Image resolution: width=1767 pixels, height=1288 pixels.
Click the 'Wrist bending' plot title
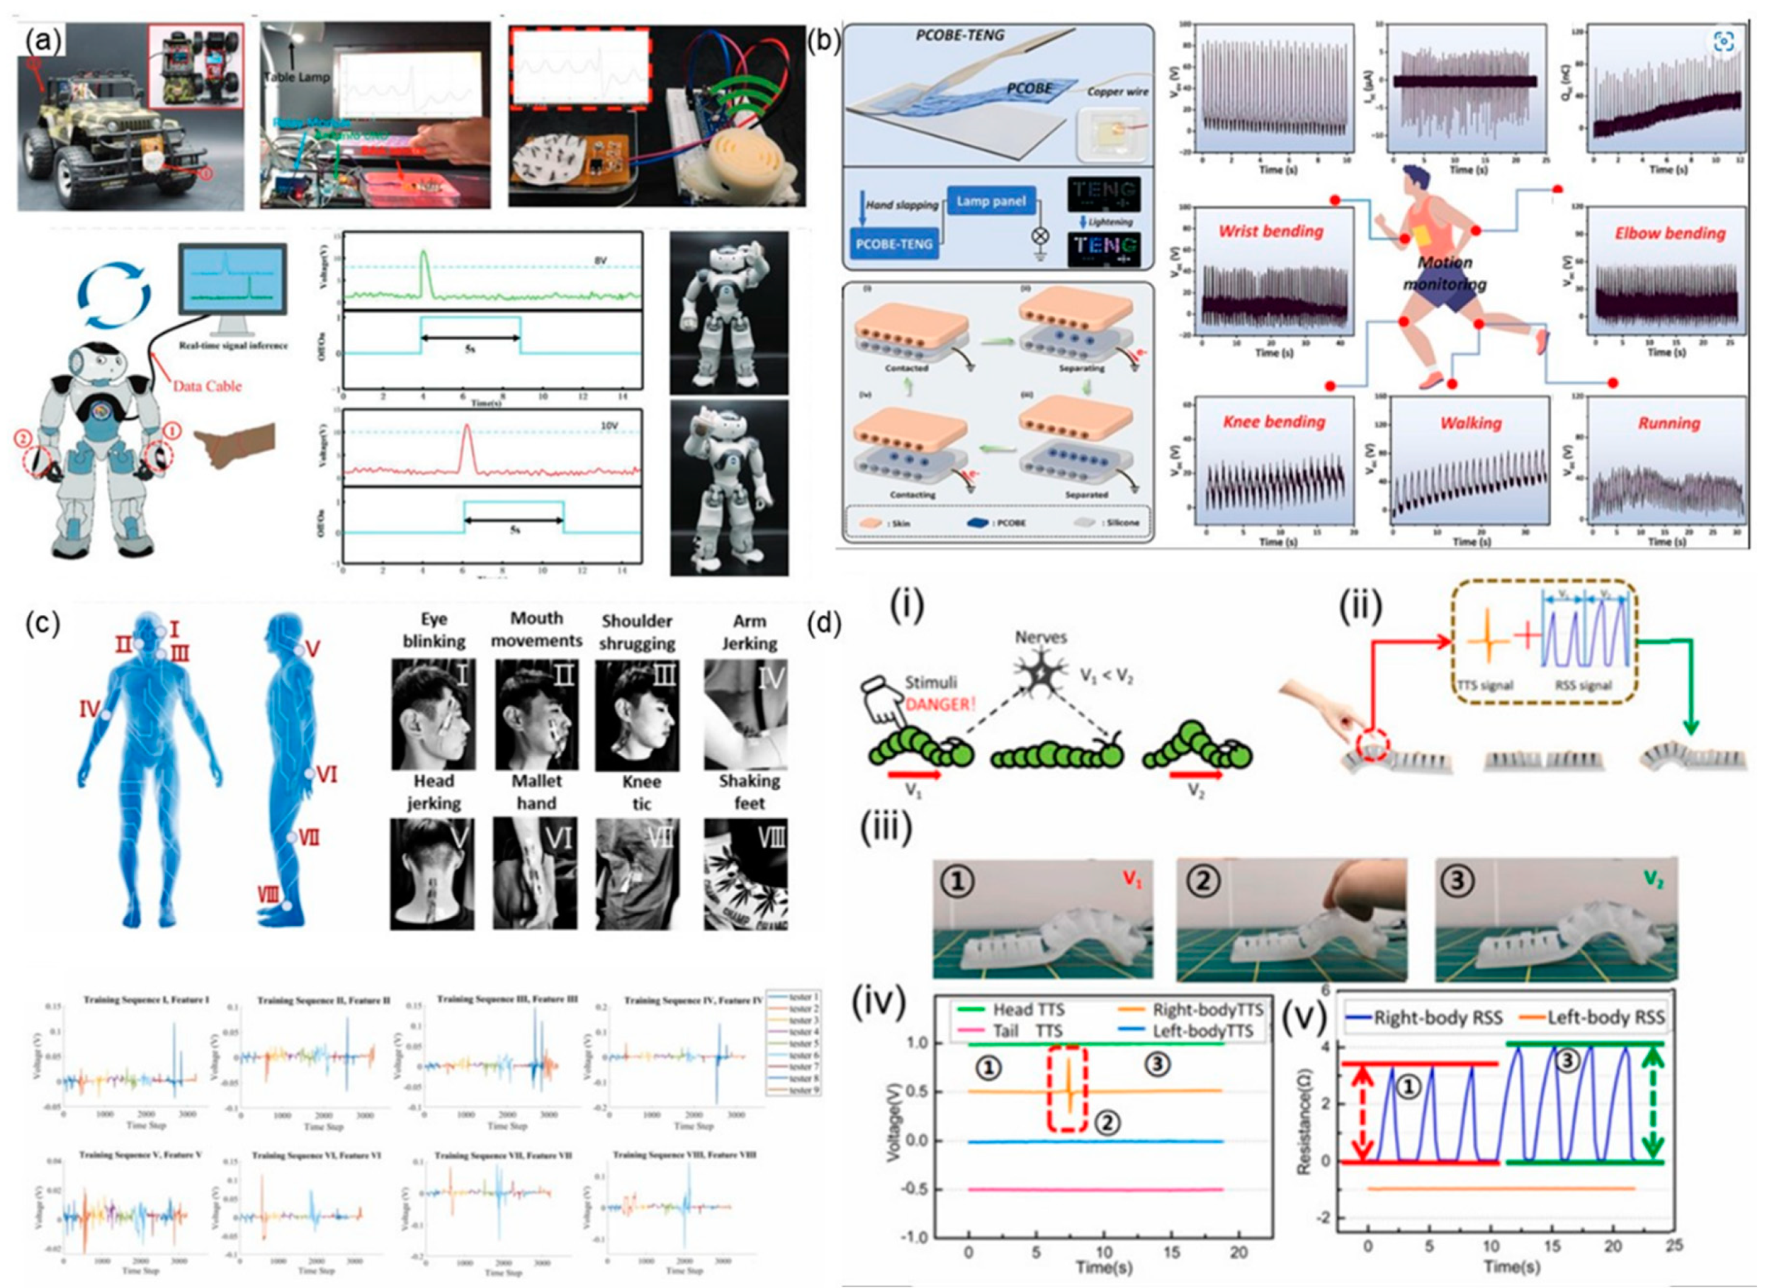(1271, 231)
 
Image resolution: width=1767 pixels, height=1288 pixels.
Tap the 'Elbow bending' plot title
(1670, 233)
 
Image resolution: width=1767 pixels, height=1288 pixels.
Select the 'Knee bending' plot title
(1274, 422)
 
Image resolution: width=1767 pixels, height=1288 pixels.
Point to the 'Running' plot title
(1668, 423)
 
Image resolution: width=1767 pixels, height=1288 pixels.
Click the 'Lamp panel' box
(991, 202)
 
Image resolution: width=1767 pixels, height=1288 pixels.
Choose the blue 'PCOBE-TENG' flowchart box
(894, 244)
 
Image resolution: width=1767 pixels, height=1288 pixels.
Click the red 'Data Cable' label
(207, 385)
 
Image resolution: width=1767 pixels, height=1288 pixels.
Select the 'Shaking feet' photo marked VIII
(745, 874)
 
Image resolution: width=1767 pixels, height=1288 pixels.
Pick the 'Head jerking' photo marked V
(432, 874)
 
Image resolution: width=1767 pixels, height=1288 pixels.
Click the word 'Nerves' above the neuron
(1040, 637)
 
